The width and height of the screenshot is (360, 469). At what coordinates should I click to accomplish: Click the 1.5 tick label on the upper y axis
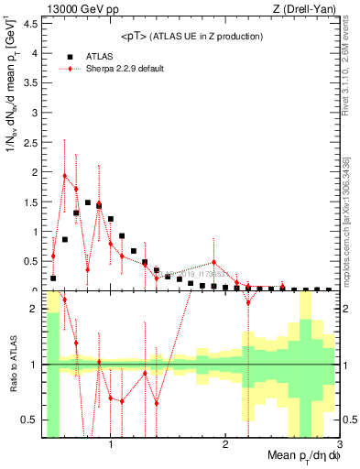click(x=30, y=202)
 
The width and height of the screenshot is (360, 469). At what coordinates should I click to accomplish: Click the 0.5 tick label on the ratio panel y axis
click(x=30, y=420)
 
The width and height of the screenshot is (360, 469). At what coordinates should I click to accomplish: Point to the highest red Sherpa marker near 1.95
click(x=65, y=175)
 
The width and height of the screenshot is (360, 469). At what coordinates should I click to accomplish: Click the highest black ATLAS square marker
click(x=88, y=202)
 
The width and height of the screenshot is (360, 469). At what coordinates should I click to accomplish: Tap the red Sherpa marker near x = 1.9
click(x=213, y=262)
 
